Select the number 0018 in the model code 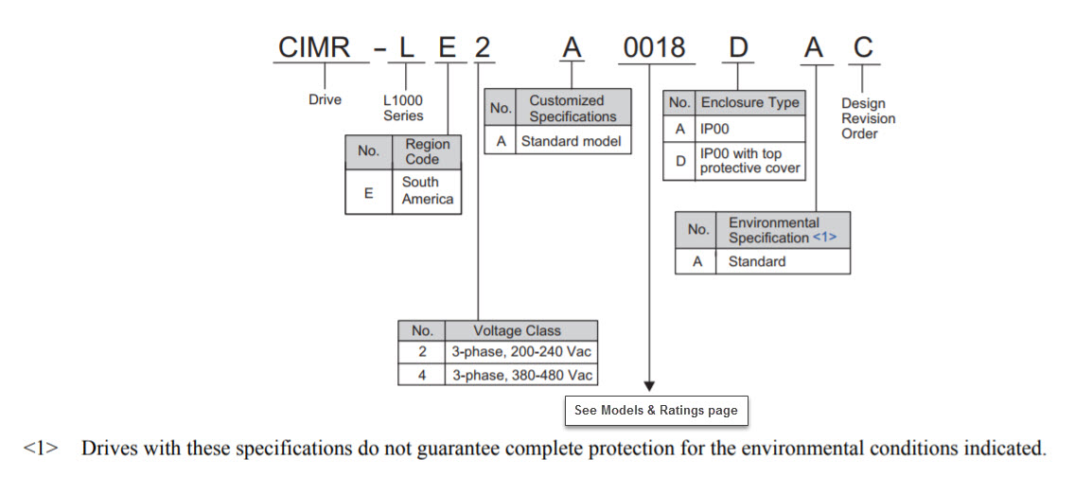pyautogui.click(x=656, y=48)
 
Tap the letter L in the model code pyautogui.click(x=405, y=48)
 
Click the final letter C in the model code pyautogui.click(x=863, y=48)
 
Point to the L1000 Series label pyautogui.click(x=402, y=108)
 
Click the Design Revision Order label pyautogui.click(x=868, y=119)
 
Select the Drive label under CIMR pyautogui.click(x=326, y=99)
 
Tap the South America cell pyautogui.click(x=427, y=191)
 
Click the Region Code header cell pyautogui.click(x=427, y=151)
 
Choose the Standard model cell pyautogui.click(x=571, y=140)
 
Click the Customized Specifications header pyautogui.click(x=571, y=108)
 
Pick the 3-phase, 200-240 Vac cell pyautogui.click(x=521, y=351)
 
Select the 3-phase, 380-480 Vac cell pyautogui.click(x=521, y=375)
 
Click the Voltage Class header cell pyautogui.click(x=521, y=330)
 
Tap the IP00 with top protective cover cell pyautogui.click(x=749, y=161)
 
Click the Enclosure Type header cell pyautogui.click(x=749, y=102)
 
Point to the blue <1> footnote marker pyautogui.click(x=824, y=238)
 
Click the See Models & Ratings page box pyautogui.click(x=656, y=410)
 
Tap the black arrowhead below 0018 pyautogui.click(x=649, y=386)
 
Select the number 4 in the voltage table pyautogui.click(x=422, y=375)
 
